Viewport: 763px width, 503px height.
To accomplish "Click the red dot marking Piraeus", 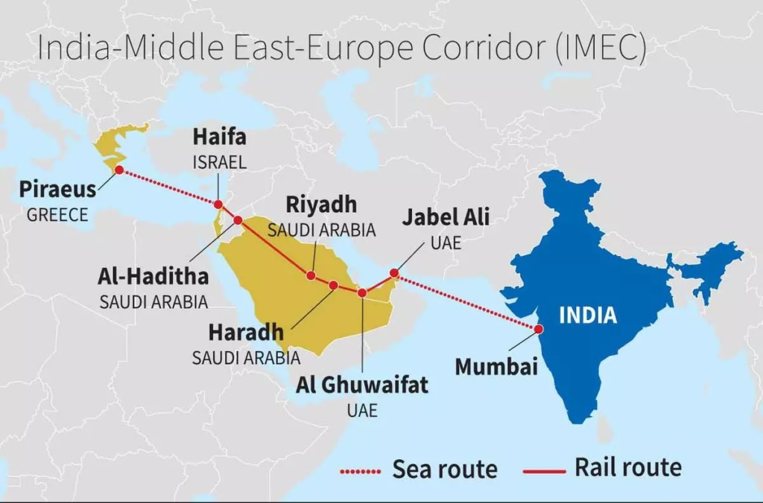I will tap(119, 170).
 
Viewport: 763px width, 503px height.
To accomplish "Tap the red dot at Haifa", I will tap(218, 205).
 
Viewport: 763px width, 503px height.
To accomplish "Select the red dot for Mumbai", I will tap(537, 329).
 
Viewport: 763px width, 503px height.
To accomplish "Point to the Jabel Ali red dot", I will tap(394, 273).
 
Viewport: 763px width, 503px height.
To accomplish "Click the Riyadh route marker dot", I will tap(311, 276).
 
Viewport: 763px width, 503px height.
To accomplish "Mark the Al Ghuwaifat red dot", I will tap(362, 292).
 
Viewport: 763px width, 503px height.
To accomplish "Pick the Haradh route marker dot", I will tap(334, 285).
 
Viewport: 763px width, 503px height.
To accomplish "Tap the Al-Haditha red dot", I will tap(238, 220).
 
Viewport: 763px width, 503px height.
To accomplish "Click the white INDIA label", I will tap(588, 315).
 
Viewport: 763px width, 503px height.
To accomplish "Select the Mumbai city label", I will tap(496, 367).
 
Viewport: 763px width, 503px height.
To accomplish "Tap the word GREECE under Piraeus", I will tap(57, 215).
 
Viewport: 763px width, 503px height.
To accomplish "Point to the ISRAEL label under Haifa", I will tap(219, 161).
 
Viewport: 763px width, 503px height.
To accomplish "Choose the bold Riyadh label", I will tap(321, 204).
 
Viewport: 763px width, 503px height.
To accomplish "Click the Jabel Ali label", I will tap(446, 217).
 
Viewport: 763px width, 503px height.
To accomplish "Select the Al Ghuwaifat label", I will tap(362, 385).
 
